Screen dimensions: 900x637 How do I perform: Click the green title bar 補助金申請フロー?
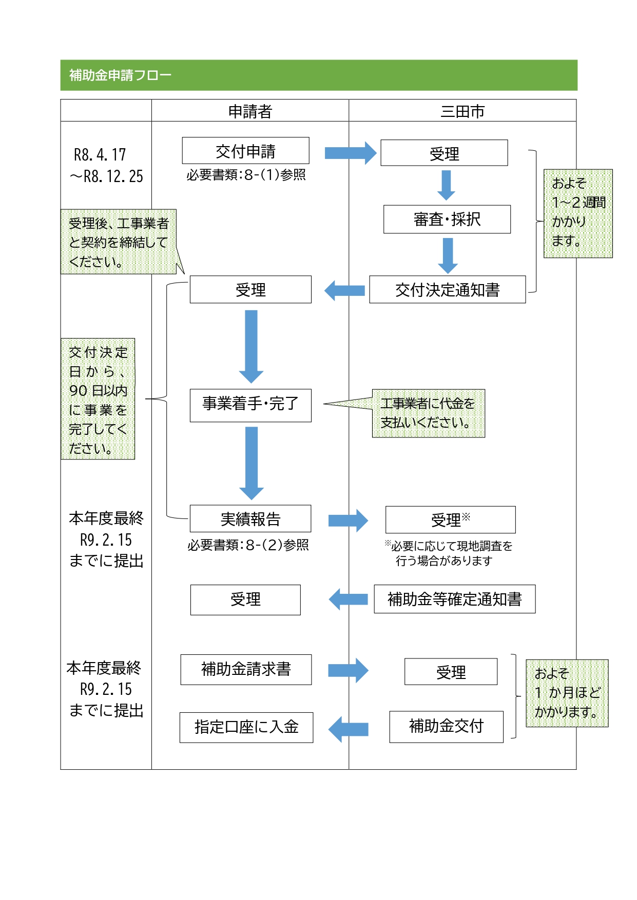pos(318,75)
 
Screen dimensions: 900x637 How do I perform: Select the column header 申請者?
pos(250,111)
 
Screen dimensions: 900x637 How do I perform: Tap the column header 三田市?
pos(462,111)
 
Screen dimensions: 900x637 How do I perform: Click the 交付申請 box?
pos(245,151)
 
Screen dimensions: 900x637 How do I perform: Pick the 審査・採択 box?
pos(447,219)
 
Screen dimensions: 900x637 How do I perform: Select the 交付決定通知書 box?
pos(447,290)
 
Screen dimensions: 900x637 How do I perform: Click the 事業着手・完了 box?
pos(250,405)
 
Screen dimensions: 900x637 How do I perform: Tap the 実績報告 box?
pos(250,519)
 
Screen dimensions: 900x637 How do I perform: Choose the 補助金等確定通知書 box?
pos(454,599)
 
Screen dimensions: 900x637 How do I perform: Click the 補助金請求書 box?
pos(246,669)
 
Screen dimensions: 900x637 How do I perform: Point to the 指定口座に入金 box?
pos(246,727)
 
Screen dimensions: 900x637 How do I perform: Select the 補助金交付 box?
pos(446,726)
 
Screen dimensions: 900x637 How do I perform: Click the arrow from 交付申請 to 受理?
pos(350,153)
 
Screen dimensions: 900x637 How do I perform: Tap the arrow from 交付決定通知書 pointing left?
pos(345,291)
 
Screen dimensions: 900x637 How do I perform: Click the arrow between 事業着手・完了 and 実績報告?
pos(252,463)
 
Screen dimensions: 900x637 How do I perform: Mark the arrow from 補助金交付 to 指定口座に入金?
pos(349,729)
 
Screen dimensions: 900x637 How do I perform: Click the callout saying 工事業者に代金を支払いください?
pos(428,413)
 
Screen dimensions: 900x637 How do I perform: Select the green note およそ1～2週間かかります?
pos(578,213)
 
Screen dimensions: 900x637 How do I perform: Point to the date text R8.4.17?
pos(100,155)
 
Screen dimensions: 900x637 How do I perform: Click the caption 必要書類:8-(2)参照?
pos(248,545)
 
